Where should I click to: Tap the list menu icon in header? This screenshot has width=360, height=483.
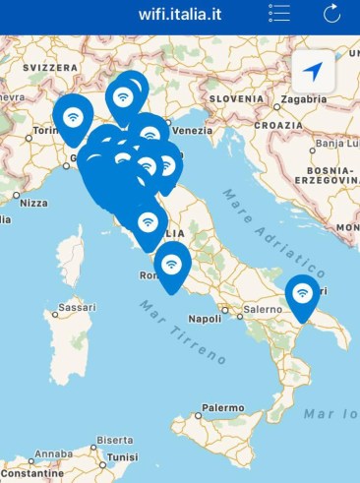279,13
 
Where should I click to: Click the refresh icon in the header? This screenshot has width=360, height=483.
331,13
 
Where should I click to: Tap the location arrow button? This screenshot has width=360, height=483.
313,71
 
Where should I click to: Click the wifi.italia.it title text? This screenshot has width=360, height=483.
178,13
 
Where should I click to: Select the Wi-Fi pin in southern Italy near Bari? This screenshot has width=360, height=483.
302,294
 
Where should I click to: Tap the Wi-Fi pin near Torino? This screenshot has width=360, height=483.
72,116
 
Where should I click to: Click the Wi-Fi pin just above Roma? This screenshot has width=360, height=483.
172,265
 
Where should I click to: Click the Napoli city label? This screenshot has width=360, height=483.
205,319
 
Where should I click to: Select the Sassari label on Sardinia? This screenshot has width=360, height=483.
76,307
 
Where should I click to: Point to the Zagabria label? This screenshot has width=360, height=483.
303,100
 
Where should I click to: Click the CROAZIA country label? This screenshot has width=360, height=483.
279,126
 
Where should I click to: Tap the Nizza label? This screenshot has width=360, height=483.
32,203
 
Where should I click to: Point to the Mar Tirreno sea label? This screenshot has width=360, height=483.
179,331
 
